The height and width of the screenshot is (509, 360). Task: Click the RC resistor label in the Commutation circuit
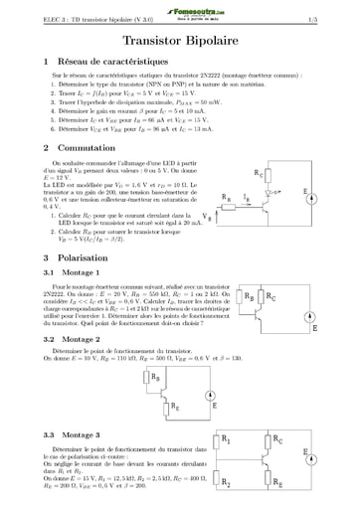point(287,172)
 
